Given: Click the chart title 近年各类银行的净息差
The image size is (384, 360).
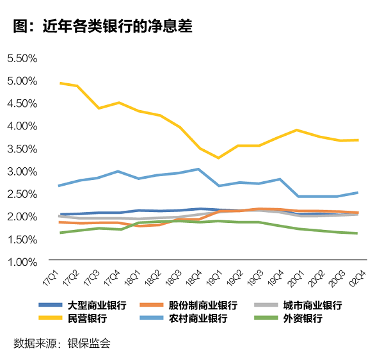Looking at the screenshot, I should click(x=102, y=26).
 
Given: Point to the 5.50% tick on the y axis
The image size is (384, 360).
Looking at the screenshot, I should click(x=22, y=58).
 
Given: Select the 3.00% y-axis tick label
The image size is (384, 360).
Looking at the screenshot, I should click(x=22, y=171).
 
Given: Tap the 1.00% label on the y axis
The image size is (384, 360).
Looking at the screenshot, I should click(x=22, y=261).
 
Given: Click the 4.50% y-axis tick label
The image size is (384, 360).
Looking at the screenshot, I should click(x=22, y=103).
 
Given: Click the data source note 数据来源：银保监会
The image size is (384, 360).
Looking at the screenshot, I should click(x=62, y=343).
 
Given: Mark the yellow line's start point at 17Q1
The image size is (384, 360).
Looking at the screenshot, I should click(x=60, y=83).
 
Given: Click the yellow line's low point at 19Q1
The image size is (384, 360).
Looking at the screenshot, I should click(x=218, y=158).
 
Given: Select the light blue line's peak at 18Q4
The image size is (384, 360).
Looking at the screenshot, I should click(x=198, y=169).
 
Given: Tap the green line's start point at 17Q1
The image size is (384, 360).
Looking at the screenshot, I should click(x=60, y=233).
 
